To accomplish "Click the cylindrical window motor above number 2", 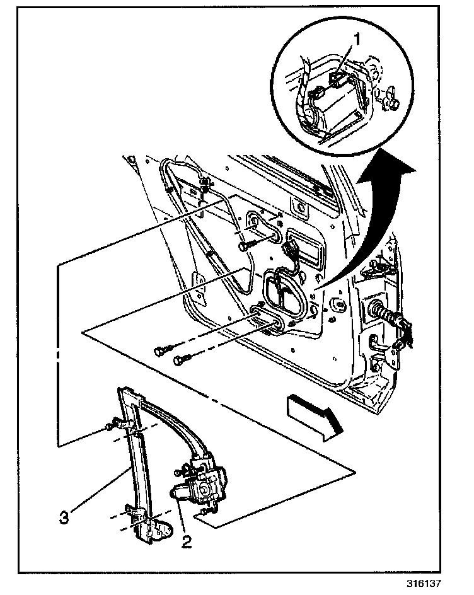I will [x=181, y=492].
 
